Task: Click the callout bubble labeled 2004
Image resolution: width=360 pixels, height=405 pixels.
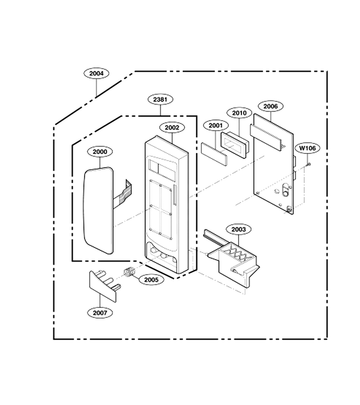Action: click(96, 73)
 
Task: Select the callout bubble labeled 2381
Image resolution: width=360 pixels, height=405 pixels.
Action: click(160, 99)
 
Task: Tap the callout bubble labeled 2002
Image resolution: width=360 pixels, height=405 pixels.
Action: click(172, 128)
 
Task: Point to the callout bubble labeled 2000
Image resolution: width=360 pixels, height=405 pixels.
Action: click(100, 152)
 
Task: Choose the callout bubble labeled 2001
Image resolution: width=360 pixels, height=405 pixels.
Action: click(216, 126)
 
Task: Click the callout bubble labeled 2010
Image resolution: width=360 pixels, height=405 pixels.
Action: click(239, 113)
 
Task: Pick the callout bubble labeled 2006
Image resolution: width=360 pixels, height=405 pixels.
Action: click(270, 106)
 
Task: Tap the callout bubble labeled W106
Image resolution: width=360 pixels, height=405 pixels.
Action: click(307, 148)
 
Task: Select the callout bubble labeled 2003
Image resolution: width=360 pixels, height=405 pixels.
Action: click(238, 229)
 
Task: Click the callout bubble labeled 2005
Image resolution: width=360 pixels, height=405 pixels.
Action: click(151, 280)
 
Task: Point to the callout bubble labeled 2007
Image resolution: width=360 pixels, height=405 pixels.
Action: click(100, 313)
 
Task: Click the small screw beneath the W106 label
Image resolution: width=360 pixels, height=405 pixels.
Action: click(308, 164)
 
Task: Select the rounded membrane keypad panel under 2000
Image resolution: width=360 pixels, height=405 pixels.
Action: click(99, 210)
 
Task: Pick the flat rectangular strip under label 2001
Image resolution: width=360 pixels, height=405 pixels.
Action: click(214, 154)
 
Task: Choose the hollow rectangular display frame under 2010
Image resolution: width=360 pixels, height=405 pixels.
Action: click(234, 145)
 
